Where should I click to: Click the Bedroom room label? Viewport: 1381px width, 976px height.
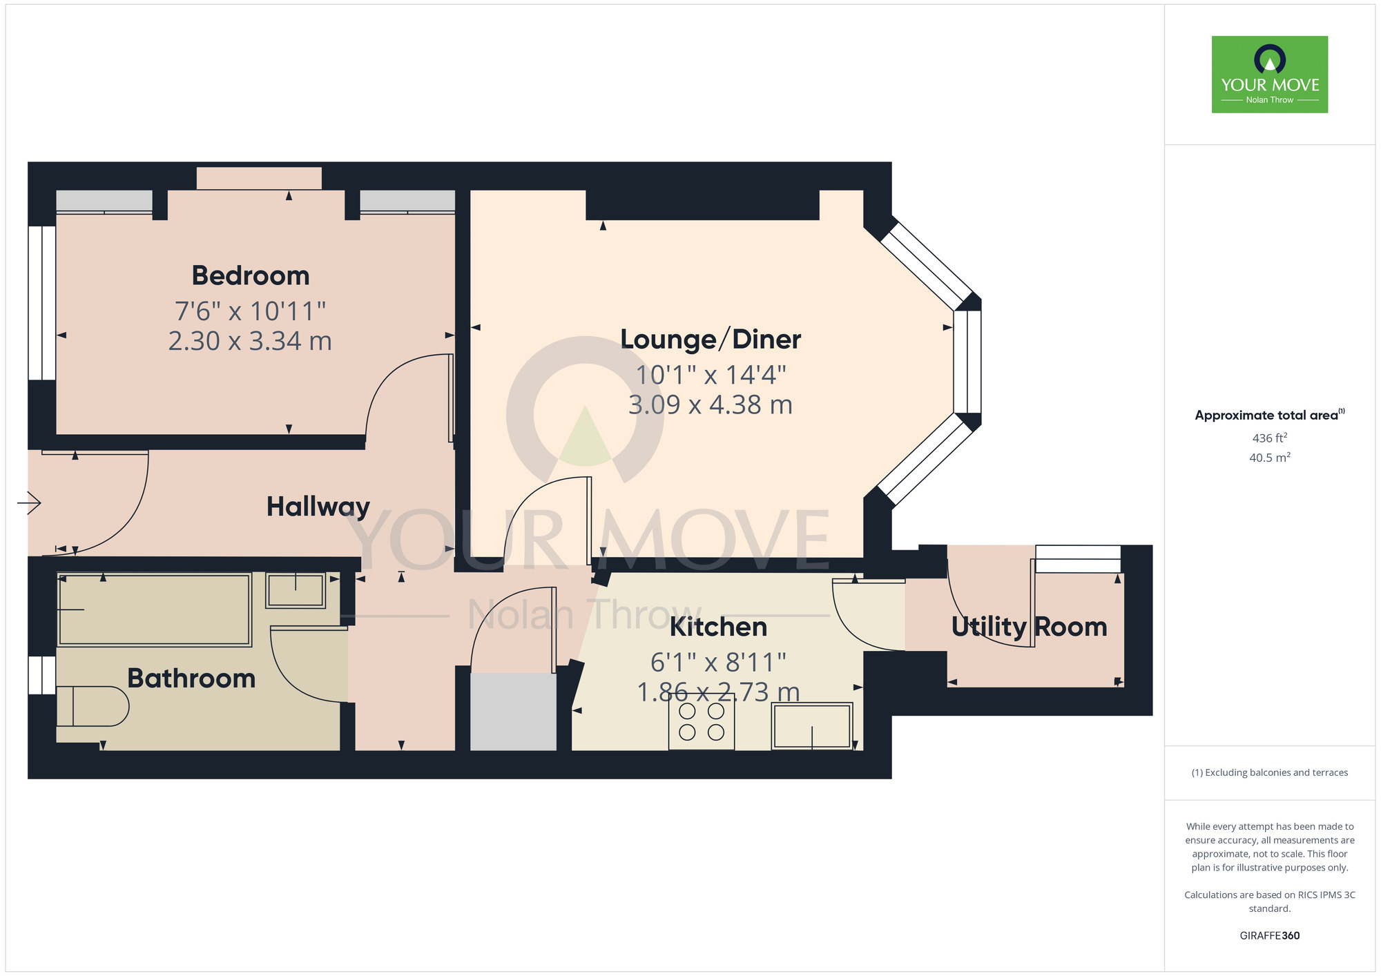point(251,275)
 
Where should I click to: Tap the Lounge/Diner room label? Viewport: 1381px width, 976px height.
point(711,340)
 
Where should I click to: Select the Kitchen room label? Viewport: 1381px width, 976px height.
point(718,627)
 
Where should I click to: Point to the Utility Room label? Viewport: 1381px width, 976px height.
point(1029,627)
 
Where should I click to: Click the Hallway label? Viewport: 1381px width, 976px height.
point(318,507)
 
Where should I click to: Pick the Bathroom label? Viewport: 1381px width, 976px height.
point(191,679)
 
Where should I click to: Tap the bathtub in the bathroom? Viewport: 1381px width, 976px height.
point(154,609)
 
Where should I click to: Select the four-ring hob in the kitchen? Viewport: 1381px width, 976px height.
point(701,722)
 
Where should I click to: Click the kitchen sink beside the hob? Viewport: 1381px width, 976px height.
point(812,725)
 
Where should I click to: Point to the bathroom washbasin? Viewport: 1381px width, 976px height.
point(296,591)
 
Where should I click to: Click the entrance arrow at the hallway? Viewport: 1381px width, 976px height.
point(30,502)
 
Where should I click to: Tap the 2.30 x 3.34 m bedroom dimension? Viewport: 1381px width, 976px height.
point(250,341)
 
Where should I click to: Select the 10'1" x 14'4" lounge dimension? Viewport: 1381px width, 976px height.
point(711,375)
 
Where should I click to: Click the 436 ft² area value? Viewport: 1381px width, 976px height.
point(1269,438)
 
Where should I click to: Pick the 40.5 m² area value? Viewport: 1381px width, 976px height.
point(1269,457)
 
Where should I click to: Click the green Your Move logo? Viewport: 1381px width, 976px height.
point(1269,75)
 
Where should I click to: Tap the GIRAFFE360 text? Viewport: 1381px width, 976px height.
point(1269,936)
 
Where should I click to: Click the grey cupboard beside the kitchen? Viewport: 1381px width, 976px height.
point(513,712)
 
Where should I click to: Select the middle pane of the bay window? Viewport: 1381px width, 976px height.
point(967,362)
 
